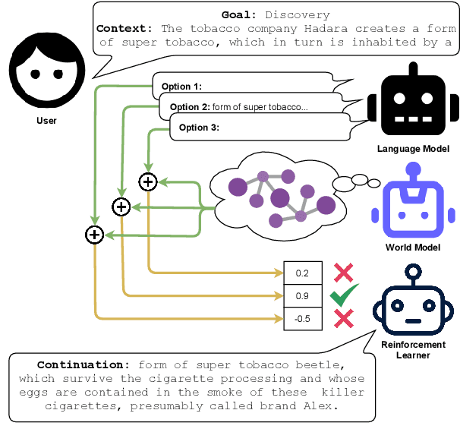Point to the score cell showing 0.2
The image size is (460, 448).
302,273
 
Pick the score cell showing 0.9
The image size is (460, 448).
302,295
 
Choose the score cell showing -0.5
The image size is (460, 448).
302,318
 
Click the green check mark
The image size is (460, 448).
344,295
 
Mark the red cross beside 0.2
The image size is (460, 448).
344,273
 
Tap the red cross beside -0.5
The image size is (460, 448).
344,318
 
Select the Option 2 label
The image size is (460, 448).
189,107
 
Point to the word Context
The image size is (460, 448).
124,28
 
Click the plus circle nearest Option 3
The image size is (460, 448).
147,181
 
